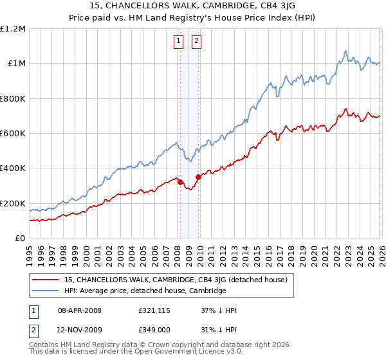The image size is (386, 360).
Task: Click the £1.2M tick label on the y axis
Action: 14,29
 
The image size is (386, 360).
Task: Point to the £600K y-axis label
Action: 13,134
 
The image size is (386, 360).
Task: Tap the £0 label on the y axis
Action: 21,239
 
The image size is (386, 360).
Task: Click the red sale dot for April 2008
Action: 180,182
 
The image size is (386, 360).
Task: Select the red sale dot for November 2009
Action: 198,177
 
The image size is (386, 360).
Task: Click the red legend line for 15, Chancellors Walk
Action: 46,280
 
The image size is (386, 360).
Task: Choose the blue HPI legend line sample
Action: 46,291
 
